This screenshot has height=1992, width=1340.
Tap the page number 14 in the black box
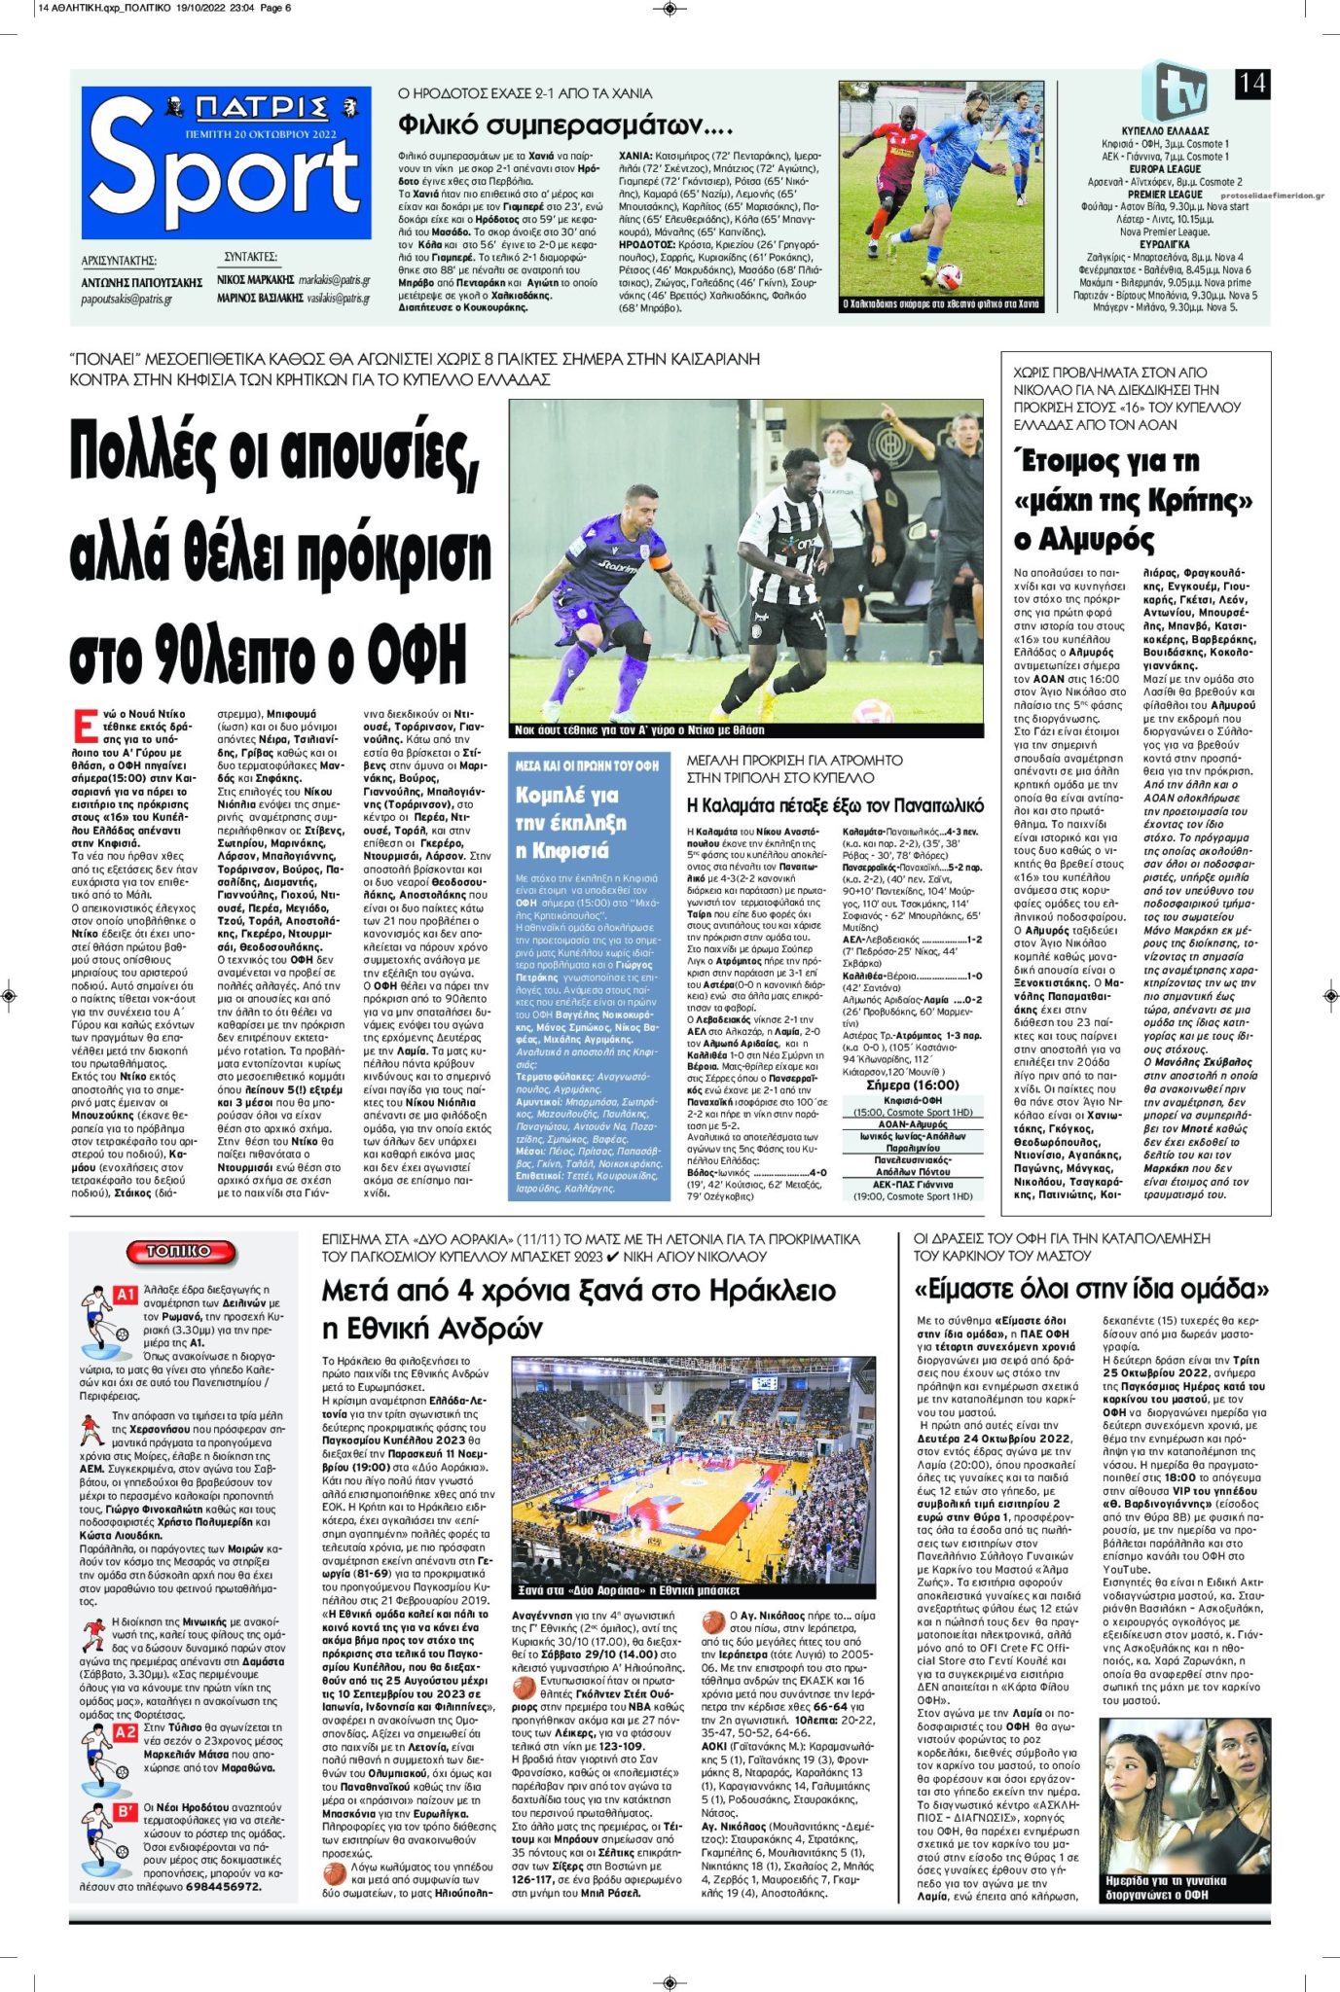point(1251,84)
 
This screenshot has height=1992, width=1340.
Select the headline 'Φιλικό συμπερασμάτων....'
point(565,125)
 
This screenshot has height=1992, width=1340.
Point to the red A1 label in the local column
point(126,1295)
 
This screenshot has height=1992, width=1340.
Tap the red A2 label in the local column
point(126,1732)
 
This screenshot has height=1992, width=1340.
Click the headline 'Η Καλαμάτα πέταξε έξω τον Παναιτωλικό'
point(835,804)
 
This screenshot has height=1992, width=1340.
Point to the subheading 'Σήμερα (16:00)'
point(912,1085)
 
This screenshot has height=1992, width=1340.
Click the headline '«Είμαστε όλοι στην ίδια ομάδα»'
point(1091,1290)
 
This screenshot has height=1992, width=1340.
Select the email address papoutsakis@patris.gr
point(127,299)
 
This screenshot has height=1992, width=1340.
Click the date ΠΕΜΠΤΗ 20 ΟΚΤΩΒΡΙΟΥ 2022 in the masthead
point(260,134)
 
